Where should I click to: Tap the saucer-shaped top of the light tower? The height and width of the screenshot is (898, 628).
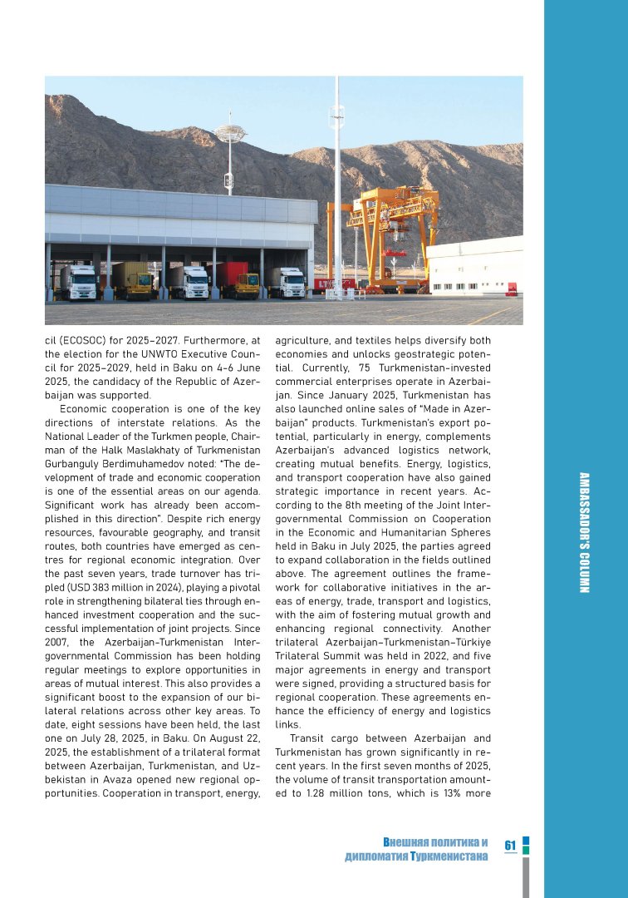coord(230,131)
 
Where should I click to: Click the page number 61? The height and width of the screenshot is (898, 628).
coord(510,846)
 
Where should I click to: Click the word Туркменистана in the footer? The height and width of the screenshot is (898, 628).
coord(448,856)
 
